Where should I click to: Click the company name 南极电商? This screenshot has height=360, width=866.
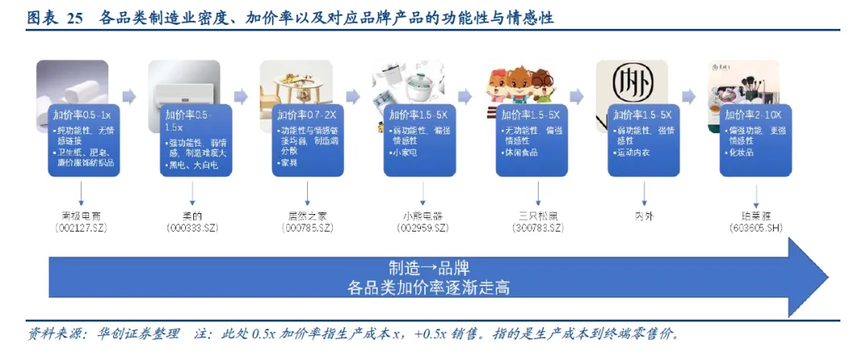82,216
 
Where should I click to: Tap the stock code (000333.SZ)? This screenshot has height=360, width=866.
193,229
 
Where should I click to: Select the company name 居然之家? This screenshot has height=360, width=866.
308,216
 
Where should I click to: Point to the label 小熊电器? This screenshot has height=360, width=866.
423,216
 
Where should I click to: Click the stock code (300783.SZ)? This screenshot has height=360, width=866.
538,229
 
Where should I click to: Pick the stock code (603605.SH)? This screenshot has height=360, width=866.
758,229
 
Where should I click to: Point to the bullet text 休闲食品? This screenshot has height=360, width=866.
522,152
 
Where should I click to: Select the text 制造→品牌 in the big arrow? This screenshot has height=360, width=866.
429,268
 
